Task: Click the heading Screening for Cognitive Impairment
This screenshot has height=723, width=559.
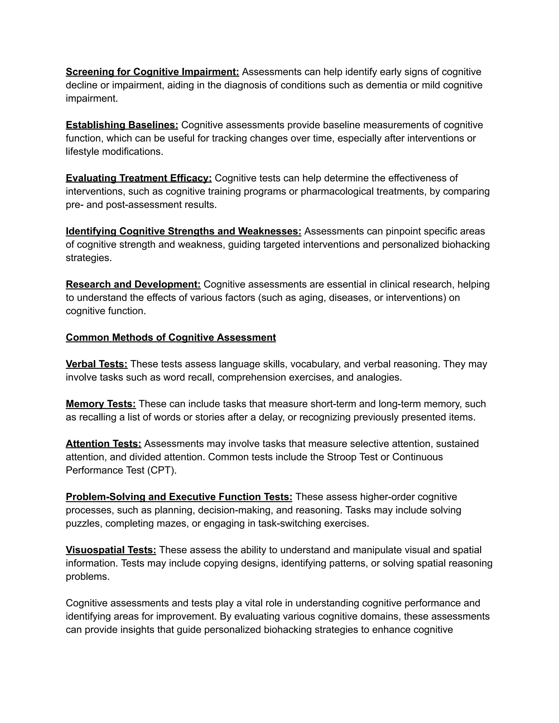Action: coord(152,72)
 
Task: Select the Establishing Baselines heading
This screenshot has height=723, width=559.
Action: coord(122,125)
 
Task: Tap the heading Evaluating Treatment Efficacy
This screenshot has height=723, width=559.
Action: coord(139,178)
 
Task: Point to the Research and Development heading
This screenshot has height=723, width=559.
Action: coord(133,284)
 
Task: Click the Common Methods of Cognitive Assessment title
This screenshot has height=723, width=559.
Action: coord(171,337)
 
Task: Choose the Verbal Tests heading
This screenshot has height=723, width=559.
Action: coord(96,364)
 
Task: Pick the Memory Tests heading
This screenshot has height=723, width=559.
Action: coord(101,404)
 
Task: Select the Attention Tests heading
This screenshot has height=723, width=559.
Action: coord(103,444)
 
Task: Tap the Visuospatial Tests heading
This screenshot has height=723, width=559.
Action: coord(111,550)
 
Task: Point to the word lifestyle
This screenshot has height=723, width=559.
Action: coord(82,152)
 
